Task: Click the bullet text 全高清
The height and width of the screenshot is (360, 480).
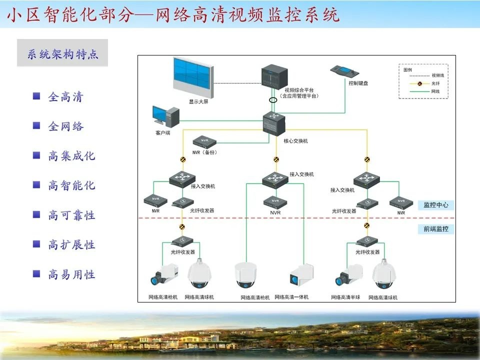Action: tap(65, 97)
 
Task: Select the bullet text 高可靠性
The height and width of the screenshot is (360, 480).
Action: tap(71, 215)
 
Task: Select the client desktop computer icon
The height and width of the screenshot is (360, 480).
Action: tap(165, 116)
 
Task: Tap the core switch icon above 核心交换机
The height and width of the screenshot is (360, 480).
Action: tap(274, 123)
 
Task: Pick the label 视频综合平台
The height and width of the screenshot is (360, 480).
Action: tap(299, 90)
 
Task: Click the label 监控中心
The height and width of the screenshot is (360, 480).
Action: tap(436, 205)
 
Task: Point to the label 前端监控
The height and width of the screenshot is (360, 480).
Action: tap(436, 229)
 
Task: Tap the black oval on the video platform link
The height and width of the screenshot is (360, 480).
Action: tap(273, 99)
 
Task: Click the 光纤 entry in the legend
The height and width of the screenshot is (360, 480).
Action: tap(436, 83)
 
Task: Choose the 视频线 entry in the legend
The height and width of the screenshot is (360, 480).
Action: tap(437, 75)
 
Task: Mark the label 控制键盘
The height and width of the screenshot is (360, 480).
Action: tap(358, 83)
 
